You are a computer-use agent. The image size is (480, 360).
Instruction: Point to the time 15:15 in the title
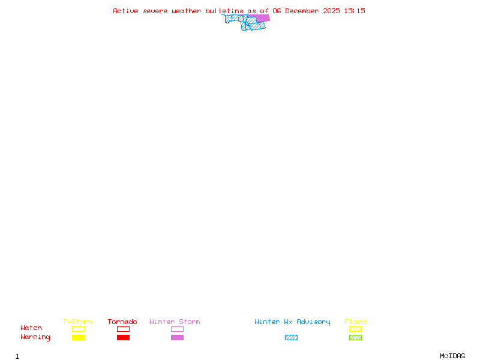pos(355,11)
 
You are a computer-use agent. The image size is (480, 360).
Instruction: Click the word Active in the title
pos(126,11)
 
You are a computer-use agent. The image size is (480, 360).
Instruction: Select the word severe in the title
pos(155,11)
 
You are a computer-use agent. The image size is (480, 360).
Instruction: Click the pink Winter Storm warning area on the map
pos(262,18)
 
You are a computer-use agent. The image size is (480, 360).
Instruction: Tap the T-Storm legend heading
pos(77,322)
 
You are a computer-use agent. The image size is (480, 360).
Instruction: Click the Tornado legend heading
pos(122,322)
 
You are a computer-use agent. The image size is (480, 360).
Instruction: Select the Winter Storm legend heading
pos(175,322)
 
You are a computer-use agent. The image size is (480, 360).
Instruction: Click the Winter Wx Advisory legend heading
pos(292,322)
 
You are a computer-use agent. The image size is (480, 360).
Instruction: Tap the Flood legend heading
pos(355,322)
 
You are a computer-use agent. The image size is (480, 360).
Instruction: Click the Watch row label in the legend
pos(31,328)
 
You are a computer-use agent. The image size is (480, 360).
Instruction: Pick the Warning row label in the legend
pos(35,337)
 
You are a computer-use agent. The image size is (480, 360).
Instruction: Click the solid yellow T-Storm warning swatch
pos(78,338)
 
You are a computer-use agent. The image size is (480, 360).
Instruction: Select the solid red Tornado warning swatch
pos(123,338)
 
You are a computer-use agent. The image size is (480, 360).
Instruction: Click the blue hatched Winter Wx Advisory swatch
pos(291,338)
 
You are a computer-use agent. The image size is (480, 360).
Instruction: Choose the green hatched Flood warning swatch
pos(355,338)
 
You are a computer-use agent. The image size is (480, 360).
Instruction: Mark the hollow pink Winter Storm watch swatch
pos(177,329)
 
